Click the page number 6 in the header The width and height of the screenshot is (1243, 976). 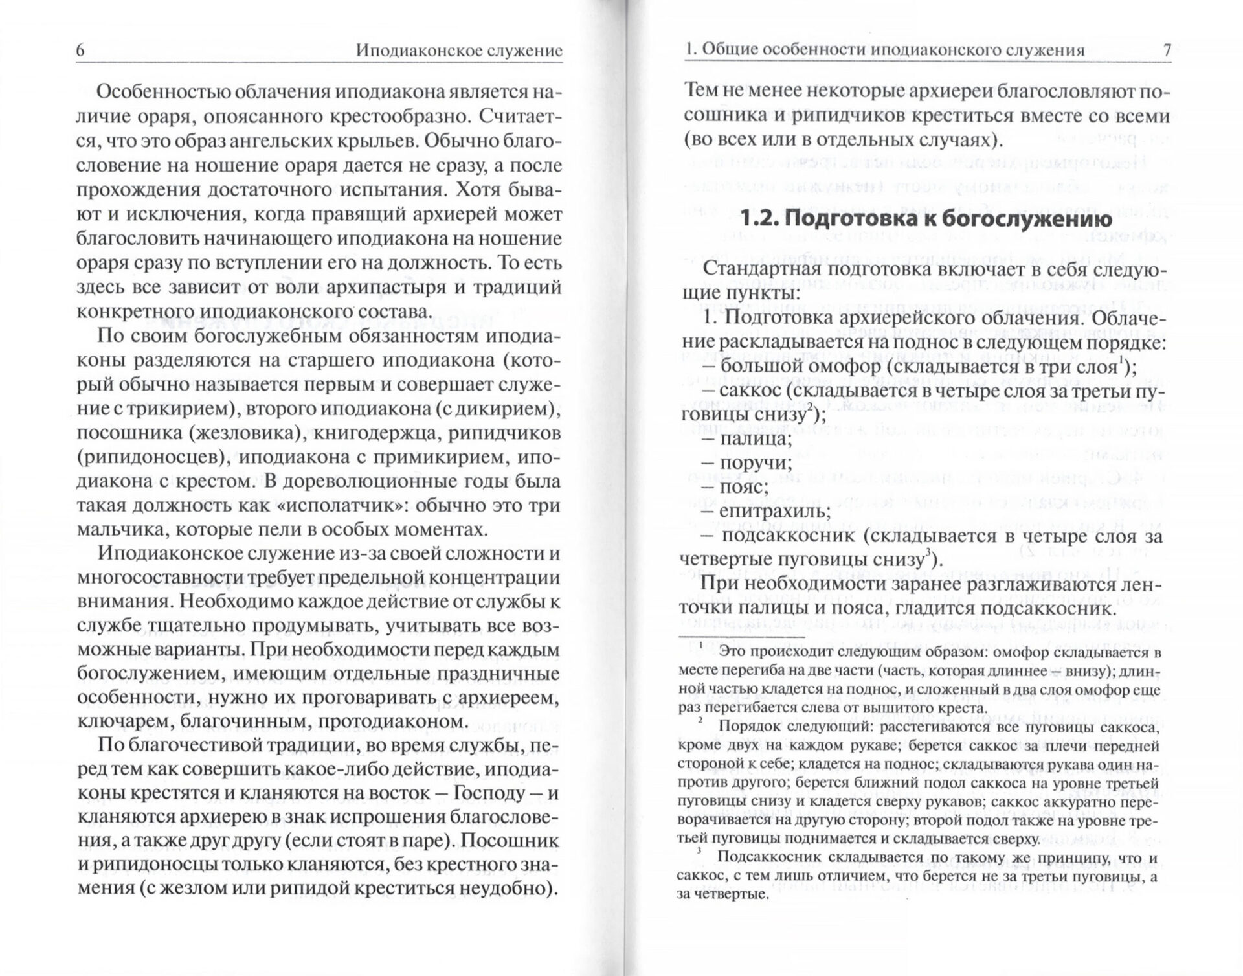(81, 51)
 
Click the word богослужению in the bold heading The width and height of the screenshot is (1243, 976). (1009, 219)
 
